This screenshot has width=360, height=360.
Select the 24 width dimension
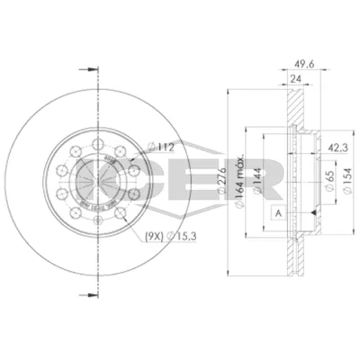295,79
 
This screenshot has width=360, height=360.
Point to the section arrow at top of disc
88,68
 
